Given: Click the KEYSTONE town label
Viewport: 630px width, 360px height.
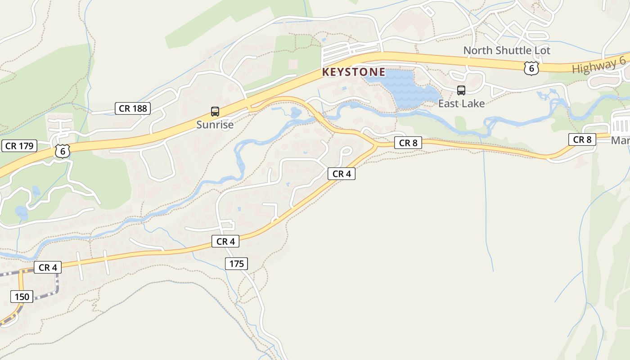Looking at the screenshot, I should [x=354, y=72].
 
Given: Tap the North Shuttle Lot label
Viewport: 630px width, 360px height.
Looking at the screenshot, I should [x=507, y=50].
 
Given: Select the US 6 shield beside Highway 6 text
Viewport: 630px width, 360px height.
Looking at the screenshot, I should [x=531, y=68].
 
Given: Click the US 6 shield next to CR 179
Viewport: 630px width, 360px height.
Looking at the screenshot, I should [x=63, y=151].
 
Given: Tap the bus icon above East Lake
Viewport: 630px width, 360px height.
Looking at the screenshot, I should [x=461, y=90].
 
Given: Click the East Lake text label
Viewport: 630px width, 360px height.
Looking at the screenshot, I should [x=461, y=103].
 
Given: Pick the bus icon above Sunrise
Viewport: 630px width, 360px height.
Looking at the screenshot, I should [x=215, y=112].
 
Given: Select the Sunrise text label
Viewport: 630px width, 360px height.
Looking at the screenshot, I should [x=215, y=125].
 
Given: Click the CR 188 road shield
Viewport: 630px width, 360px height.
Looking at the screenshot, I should [x=132, y=108].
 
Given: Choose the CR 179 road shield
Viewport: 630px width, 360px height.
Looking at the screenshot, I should [x=19, y=146].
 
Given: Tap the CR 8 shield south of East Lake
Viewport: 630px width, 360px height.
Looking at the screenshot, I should [x=408, y=143].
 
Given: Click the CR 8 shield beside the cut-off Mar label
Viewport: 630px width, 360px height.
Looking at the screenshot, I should [x=582, y=139].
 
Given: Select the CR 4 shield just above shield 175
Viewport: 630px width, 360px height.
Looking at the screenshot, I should [x=225, y=242].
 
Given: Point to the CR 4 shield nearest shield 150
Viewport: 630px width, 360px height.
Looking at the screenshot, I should [x=48, y=267].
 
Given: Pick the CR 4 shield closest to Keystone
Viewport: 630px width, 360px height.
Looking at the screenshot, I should [x=342, y=174].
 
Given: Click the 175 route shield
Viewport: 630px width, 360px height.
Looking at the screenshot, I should [x=236, y=264].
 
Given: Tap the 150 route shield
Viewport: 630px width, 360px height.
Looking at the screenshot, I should [x=22, y=297].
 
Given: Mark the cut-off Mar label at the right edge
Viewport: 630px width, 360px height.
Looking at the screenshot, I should [x=621, y=140].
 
